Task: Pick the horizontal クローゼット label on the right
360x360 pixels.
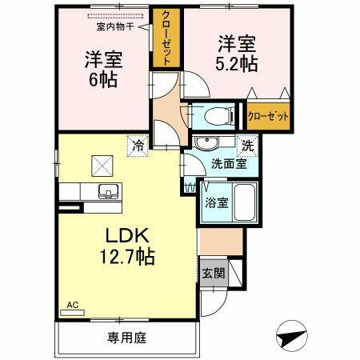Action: (268, 115)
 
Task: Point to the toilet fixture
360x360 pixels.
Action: (218, 116)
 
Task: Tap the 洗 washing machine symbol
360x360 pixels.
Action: (248, 146)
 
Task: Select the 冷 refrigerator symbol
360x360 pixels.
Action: (138, 146)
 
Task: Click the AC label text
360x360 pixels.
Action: (72, 304)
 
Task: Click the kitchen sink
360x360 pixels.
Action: (105, 192)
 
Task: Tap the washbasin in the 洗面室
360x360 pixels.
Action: (210, 144)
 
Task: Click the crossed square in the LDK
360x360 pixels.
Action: (103, 166)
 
